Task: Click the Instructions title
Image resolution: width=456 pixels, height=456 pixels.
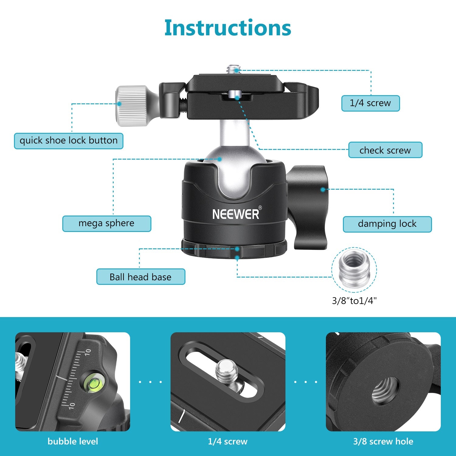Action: (x=228, y=28)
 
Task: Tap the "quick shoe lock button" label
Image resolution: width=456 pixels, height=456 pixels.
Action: (x=69, y=141)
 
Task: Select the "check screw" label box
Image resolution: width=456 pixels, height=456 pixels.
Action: (x=385, y=150)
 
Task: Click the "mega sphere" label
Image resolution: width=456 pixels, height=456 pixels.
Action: (x=107, y=223)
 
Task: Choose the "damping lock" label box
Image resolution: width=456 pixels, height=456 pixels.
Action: (x=387, y=224)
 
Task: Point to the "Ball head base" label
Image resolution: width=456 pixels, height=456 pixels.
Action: (x=140, y=277)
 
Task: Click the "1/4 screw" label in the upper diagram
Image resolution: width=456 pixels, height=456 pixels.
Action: (x=370, y=103)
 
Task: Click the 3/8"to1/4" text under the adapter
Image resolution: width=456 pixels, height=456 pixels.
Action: (x=354, y=301)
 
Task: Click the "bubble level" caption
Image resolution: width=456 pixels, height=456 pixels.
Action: (x=73, y=441)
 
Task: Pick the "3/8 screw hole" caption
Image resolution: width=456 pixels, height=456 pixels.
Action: (x=383, y=441)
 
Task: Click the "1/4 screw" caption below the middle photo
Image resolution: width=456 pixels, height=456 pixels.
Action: (x=228, y=441)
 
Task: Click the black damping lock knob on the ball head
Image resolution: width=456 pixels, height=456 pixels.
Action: (x=309, y=207)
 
